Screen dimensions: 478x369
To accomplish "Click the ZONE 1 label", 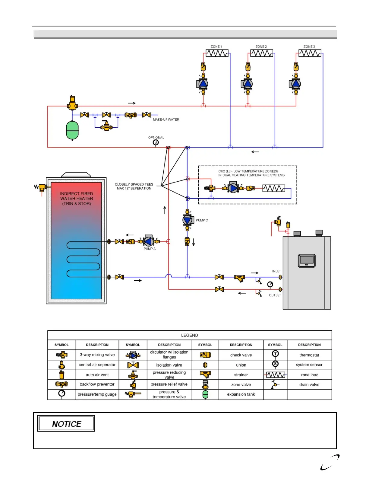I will (216, 47).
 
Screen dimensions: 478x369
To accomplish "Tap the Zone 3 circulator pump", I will (296, 84).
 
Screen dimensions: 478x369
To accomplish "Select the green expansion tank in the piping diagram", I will (72, 130).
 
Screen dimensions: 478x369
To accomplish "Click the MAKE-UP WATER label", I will (166, 120).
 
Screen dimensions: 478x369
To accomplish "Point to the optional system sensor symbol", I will (156, 142).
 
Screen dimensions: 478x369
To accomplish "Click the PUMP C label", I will (202, 220).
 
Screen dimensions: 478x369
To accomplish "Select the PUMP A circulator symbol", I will (149, 241).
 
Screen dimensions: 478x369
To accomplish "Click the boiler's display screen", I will (307, 260).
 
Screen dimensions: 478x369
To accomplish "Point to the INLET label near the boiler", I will (276, 271).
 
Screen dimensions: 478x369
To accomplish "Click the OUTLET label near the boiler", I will (275, 295).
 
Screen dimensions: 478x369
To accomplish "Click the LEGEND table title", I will (189, 335).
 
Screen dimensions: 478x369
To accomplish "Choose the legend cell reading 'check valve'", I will (241, 355).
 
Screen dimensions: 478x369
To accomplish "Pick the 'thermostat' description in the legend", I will (309, 355).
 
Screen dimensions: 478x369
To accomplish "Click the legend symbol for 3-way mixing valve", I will (61, 355).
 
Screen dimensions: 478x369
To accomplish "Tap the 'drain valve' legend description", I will (309, 385).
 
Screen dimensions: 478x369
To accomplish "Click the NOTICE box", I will (66, 424).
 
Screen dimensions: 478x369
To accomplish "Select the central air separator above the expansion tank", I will (72, 103).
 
